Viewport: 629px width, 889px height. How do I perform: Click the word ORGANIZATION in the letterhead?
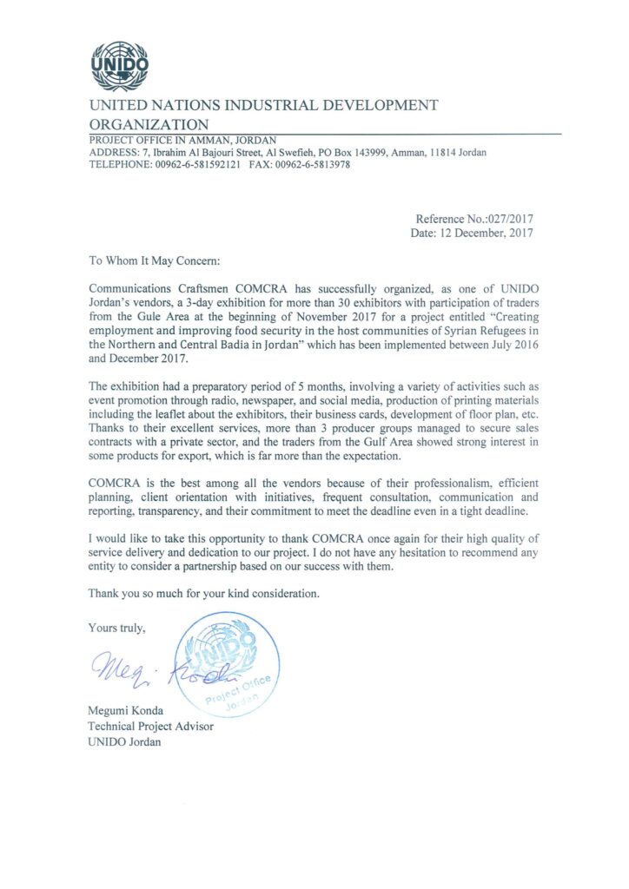coord(149,125)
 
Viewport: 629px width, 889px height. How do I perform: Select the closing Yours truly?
coord(117,627)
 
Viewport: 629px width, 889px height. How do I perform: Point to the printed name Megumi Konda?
coord(126,712)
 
